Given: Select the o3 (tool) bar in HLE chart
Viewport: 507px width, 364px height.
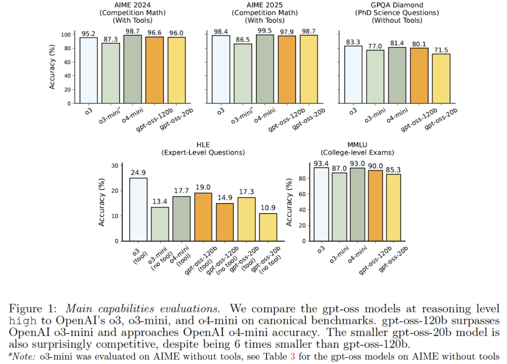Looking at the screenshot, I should tap(138, 209).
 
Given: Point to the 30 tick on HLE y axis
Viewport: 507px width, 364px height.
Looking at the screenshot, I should tap(115, 166).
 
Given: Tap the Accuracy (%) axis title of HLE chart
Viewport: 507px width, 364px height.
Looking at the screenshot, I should tap(102, 203).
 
